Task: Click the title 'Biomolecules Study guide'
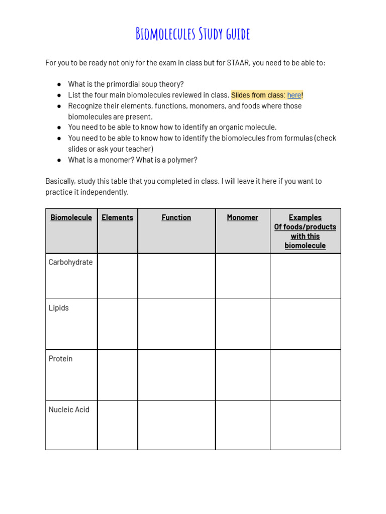[x=192, y=34]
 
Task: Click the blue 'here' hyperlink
[x=294, y=95]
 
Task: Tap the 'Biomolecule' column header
[x=71, y=217]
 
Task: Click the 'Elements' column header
[x=117, y=217]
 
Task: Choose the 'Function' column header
[x=176, y=217]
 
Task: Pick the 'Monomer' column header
[x=242, y=217]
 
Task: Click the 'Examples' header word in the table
[x=305, y=217]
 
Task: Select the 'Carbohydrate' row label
[x=70, y=262]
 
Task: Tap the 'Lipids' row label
[x=59, y=308]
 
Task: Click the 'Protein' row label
[x=60, y=358]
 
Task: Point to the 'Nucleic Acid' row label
[x=69, y=410]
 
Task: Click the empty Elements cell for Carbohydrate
[x=117, y=276]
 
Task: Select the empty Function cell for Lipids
[x=176, y=324]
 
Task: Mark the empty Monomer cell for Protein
[x=242, y=375]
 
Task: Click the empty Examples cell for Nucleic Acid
[x=305, y=425]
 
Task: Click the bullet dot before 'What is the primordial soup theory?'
[x=59, y=84]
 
